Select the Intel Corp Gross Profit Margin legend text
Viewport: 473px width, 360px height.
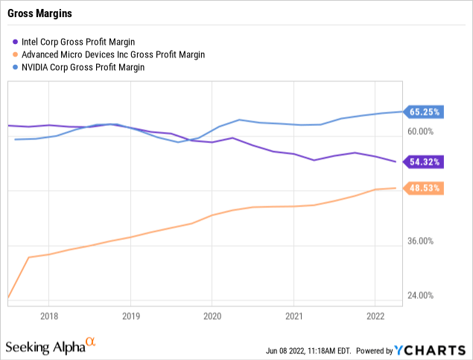point(90,42)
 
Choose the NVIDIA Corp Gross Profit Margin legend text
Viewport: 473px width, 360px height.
point(93,67)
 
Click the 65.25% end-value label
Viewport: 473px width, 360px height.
point(425,112)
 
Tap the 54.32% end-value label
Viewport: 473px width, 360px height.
point(425,161)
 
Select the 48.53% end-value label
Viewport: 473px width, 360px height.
point(425,188)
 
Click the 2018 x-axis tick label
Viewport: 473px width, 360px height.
point(48,315)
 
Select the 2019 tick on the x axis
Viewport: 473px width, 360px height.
point(130,315)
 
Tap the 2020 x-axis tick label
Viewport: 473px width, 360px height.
point(212,315)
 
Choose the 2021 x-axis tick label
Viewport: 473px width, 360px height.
point(294,315)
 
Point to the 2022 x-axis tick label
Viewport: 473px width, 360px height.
point(375,315)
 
